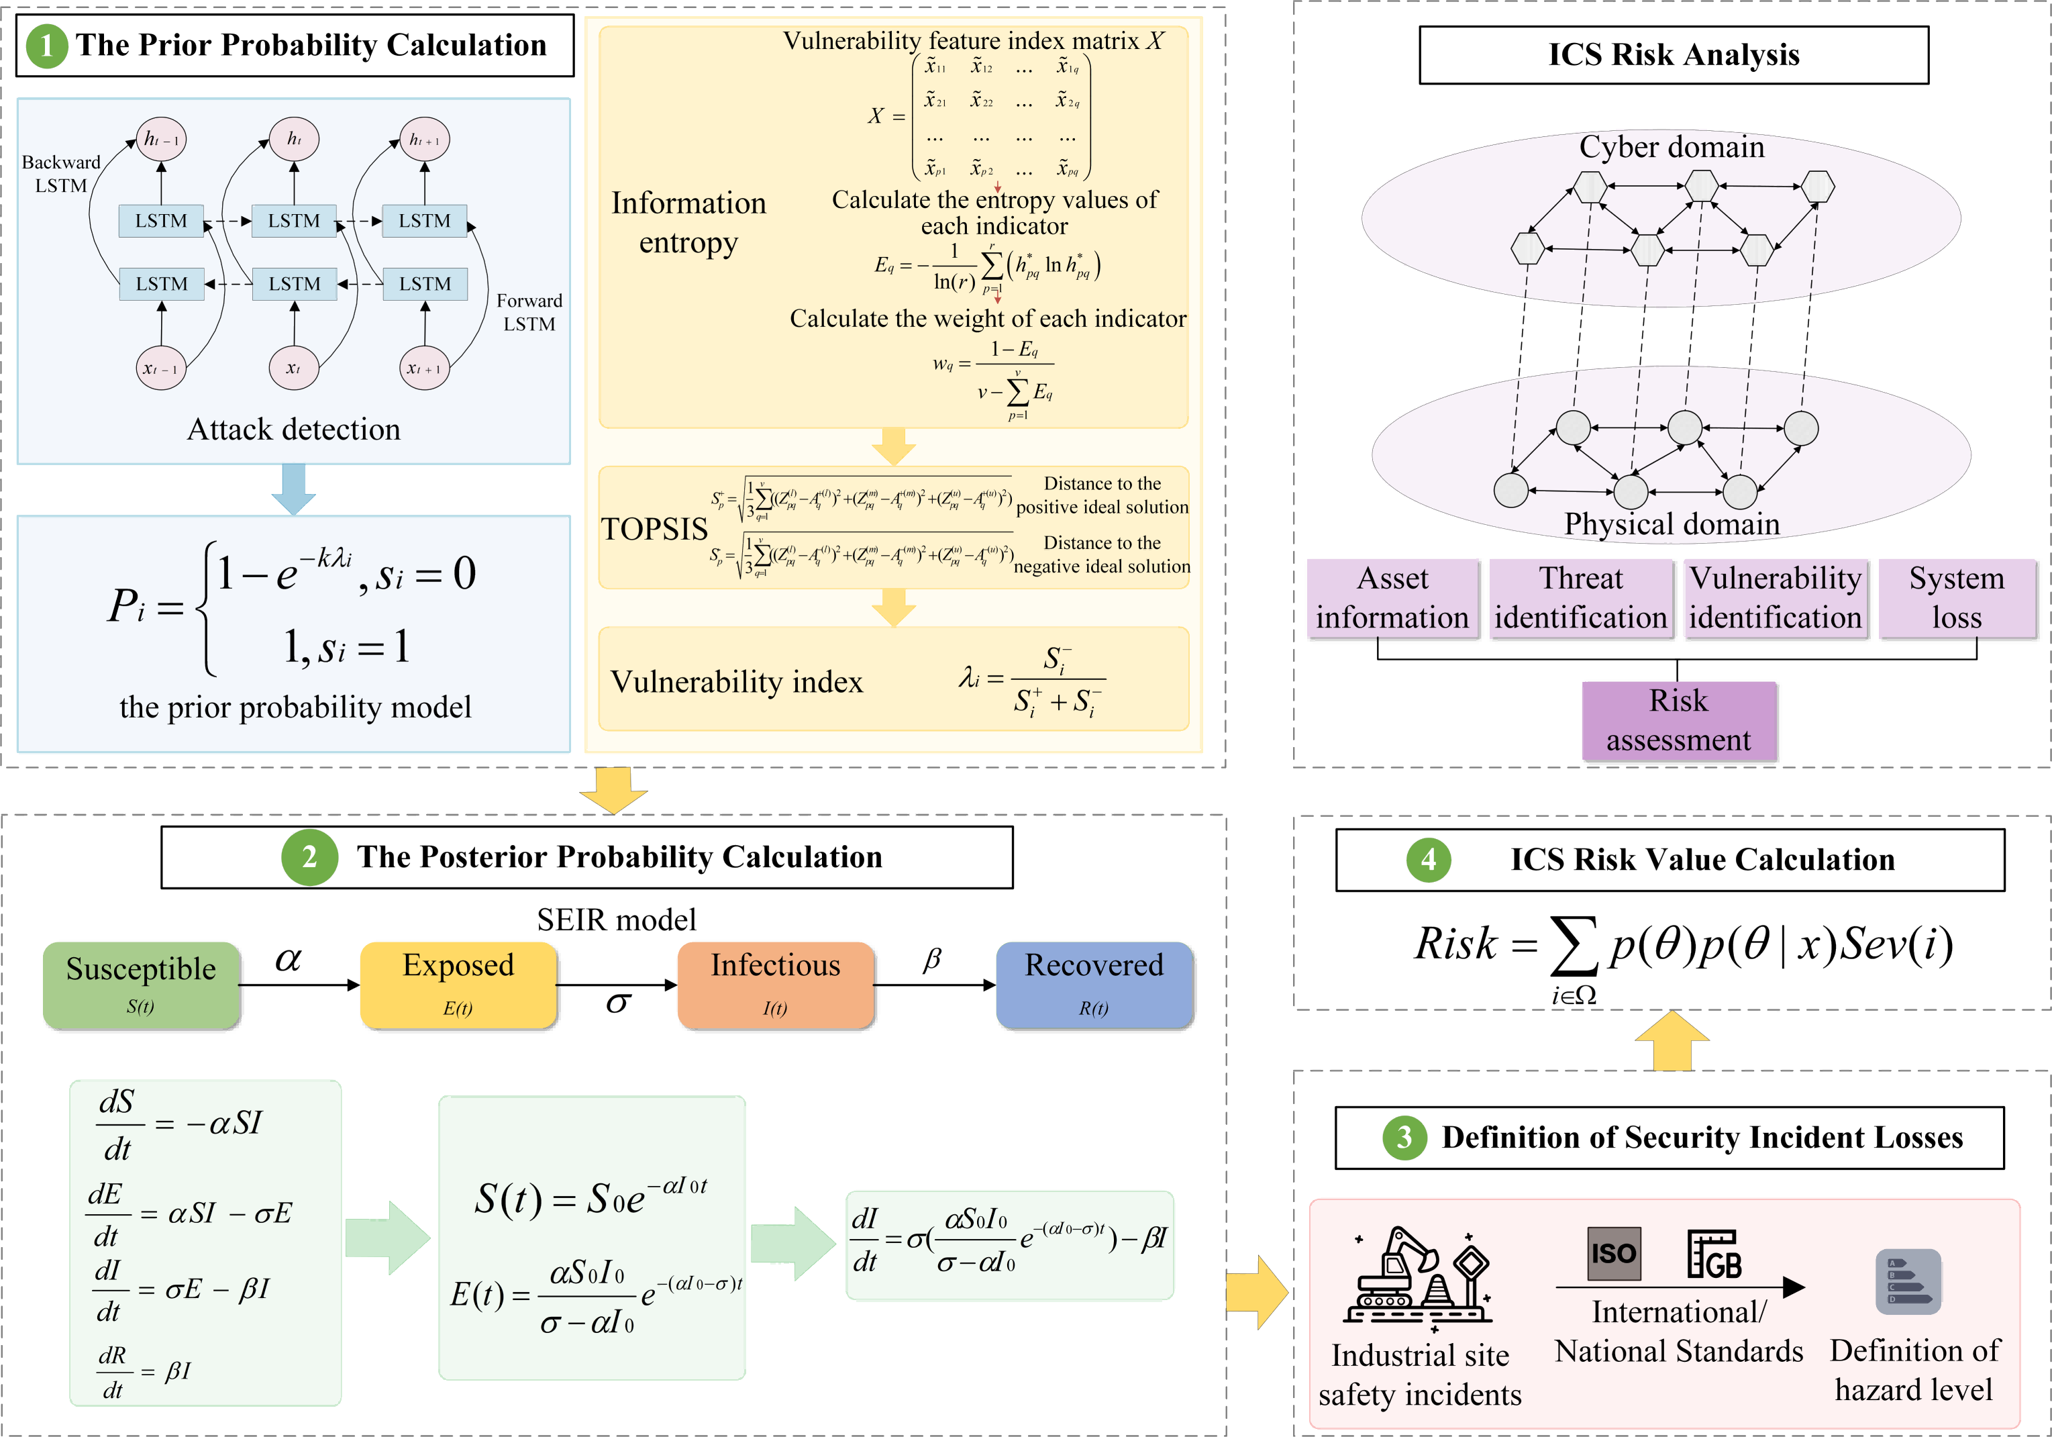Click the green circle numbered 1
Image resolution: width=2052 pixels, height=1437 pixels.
coord(46,46)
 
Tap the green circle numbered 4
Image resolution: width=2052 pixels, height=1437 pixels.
coord(1428,860)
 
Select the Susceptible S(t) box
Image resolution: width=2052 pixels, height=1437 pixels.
coord(141,985)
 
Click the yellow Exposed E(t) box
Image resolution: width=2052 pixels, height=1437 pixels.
coord(458,985)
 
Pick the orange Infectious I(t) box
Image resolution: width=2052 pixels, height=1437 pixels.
coord(775,985)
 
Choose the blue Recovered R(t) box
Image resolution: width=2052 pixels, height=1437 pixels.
coord(1094,985)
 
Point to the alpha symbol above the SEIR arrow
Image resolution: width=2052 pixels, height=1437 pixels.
coord(288,959)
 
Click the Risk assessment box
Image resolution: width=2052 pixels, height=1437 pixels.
coord(1678,720)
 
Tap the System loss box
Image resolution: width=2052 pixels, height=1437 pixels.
coord(1956,598)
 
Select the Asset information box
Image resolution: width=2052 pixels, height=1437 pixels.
coord(1392,598)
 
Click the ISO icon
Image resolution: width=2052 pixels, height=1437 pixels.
coord(1613,1253)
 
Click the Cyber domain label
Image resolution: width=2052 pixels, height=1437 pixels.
coord(1672,146)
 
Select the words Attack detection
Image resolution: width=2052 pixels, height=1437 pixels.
coord(293,430)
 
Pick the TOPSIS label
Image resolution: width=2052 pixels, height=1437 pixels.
coord(654,529)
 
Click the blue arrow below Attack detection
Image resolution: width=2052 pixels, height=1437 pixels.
coord(293,489)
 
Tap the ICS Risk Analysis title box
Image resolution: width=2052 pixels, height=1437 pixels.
coord(1673,54)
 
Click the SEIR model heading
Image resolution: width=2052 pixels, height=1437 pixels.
coord(616,920)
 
